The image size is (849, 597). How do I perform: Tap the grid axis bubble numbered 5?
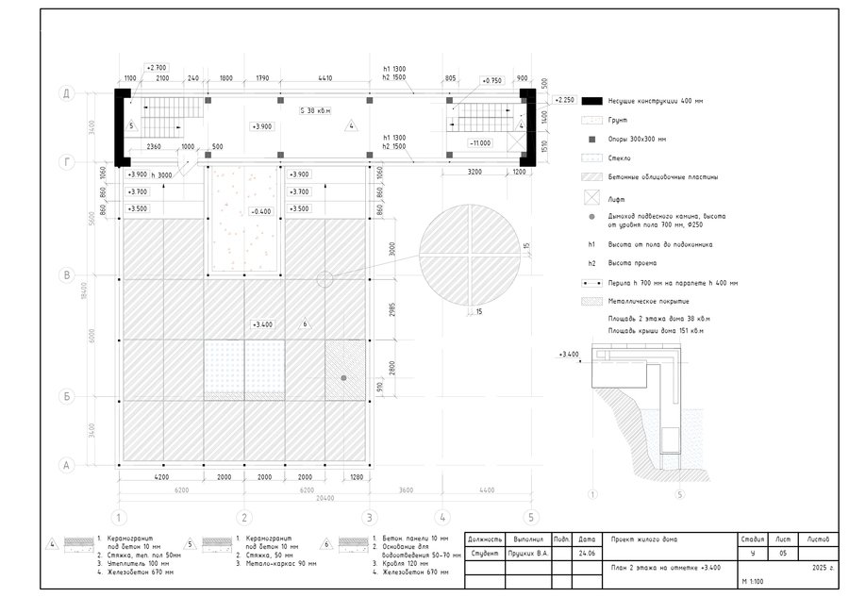(531, 517)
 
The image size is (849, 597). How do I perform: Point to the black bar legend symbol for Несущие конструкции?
(592, 101)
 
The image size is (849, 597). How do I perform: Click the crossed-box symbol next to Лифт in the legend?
(592, 199)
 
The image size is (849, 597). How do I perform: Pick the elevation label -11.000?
(479, 142)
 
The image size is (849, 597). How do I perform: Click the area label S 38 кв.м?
(315, 109)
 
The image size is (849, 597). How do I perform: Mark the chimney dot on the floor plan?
(343, 377)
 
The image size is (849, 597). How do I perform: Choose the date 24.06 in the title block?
(587, 553)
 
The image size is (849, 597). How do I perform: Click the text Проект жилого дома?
(644, 539)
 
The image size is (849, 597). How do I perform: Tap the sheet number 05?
(781, 553)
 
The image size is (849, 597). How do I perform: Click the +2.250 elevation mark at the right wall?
(564, 99)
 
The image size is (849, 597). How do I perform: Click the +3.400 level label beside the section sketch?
(568, 354)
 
